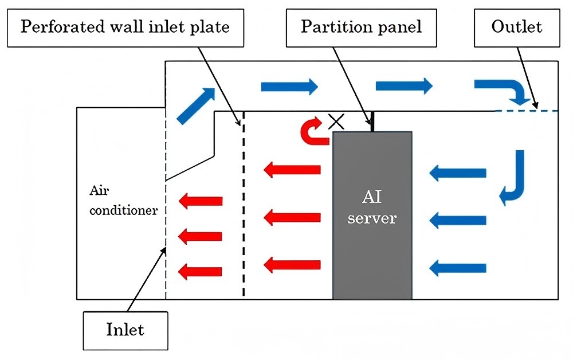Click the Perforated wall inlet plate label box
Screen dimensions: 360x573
(125, 27)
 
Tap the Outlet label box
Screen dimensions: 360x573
(516, 27)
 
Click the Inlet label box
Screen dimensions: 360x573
(125, 330)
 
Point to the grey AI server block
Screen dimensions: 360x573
(372, 246)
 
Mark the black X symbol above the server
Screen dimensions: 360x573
(336, 120)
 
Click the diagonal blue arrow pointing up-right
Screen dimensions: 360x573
(195, 106)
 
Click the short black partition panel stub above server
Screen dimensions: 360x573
(372, 122)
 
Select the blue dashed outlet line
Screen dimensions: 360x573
(525, 111)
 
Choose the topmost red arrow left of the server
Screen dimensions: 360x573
(292, 169)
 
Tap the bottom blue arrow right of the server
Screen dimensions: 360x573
(458, 267)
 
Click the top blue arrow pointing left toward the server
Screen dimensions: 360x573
(458, 171)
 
